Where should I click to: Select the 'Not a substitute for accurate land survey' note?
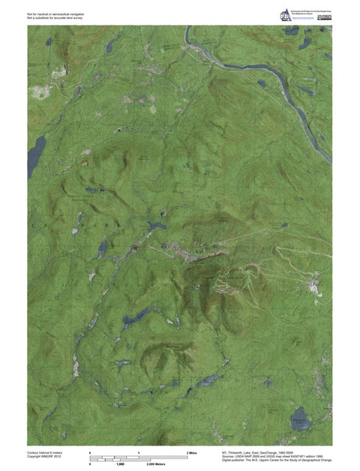56,17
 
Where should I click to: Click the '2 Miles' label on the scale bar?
191,454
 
